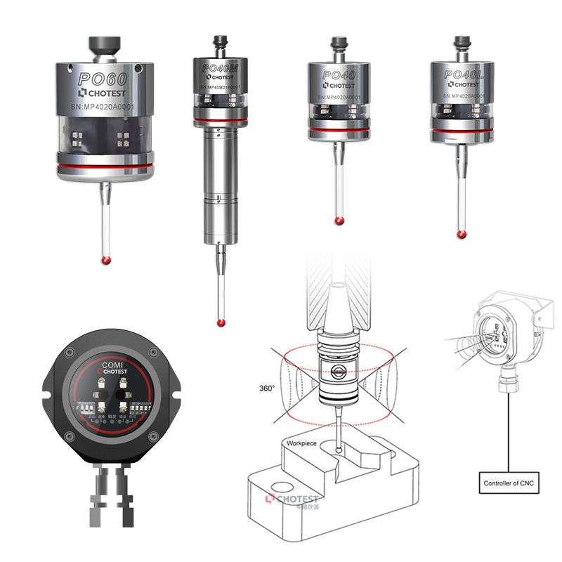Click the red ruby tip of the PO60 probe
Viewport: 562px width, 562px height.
click(x=105, y=261)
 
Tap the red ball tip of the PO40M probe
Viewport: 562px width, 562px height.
click(x=221, y=323)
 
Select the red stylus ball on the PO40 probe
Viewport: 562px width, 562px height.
click(x=339, y=222)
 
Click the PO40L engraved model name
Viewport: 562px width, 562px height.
click(x=464, y=73)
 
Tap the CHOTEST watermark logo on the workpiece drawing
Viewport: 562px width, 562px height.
click(x=292, y=499)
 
